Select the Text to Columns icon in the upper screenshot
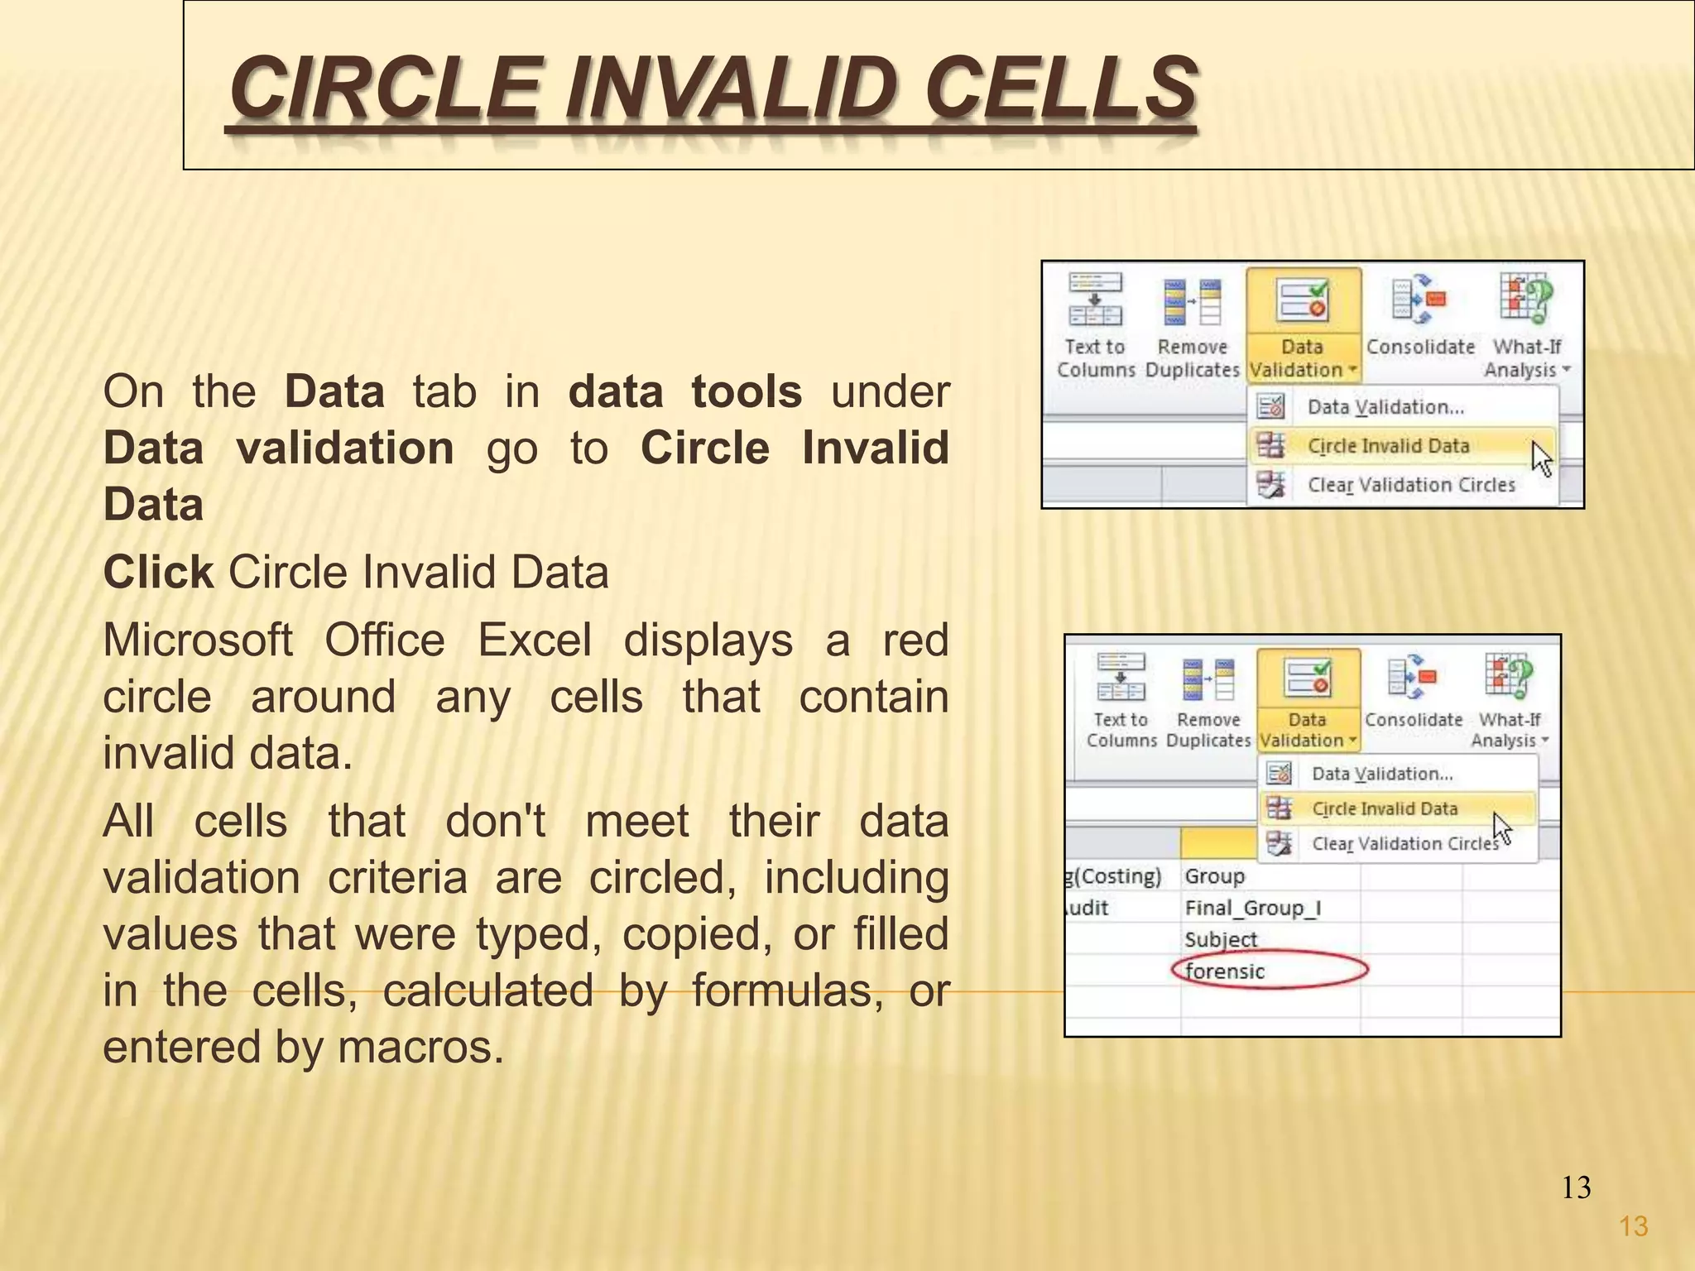point(1095,301)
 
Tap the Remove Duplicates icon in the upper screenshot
point(1192,303)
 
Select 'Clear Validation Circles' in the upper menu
point(1410,485)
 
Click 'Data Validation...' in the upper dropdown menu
point(1385,407)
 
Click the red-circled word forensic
point(1225,971)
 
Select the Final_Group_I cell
point(1252,909)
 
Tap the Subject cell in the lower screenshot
point(1221,940)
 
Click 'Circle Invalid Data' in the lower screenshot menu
point(1385,808)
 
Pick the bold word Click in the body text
point(158,573)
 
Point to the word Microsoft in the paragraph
point(197,640)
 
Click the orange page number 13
point(1633,1226)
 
